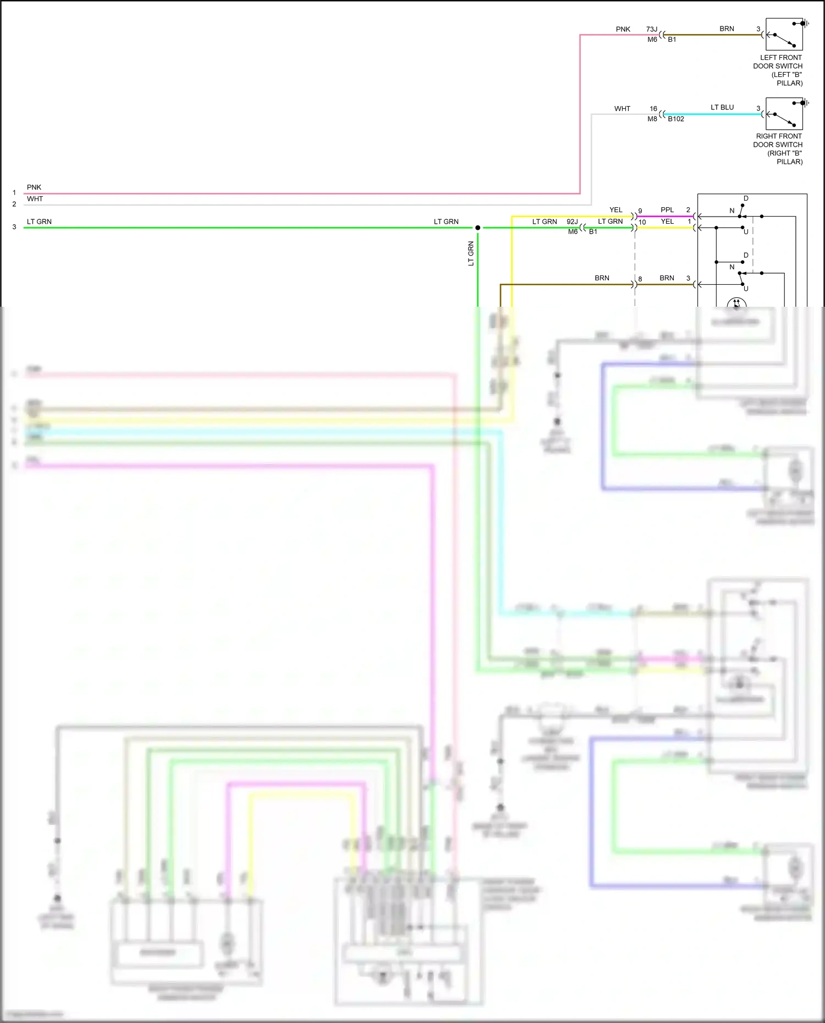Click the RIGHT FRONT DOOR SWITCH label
point(779,148)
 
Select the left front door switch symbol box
point(784,35)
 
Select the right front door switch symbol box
point(784,114)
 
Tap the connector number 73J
point(652,29)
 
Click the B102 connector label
point(676,119)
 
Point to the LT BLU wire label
point(722,107)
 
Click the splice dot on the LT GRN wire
point(477,228)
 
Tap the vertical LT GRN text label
point(471,253)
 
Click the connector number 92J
point(572,222)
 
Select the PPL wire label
point(667,210)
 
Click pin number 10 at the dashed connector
point(642,222)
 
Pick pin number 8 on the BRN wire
point(640,279)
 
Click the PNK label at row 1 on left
point(34,187)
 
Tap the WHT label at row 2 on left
point(35,199)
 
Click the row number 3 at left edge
point(14,226)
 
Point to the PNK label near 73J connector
point(623,29)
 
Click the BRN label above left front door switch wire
point(727,29)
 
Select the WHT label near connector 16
point(622,109)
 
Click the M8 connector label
point(652,119)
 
